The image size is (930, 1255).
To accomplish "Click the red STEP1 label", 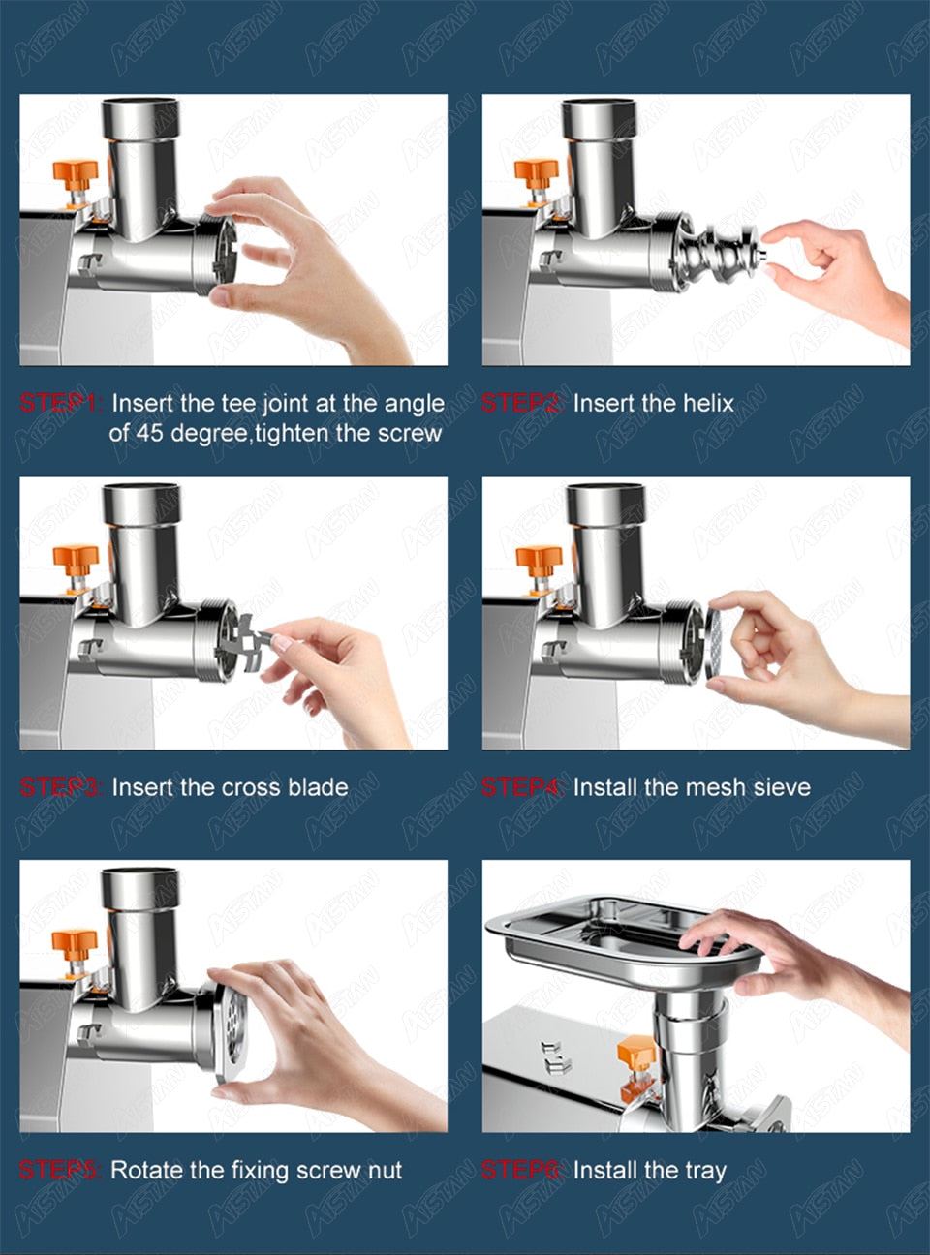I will point(59,403).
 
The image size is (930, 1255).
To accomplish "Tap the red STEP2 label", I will point(521,403).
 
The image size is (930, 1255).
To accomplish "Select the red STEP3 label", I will point(59,787).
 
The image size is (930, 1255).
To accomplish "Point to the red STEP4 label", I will point(521,787).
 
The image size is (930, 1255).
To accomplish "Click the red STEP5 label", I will point(59,1170).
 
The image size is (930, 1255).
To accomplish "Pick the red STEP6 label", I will point(521,1170).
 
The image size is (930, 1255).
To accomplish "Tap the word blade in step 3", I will point(317,787).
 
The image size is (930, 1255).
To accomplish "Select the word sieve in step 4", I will point(781,787).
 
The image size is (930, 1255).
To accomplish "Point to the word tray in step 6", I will point(705,1171).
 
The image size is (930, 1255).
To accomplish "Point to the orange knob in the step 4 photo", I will point(539,561).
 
